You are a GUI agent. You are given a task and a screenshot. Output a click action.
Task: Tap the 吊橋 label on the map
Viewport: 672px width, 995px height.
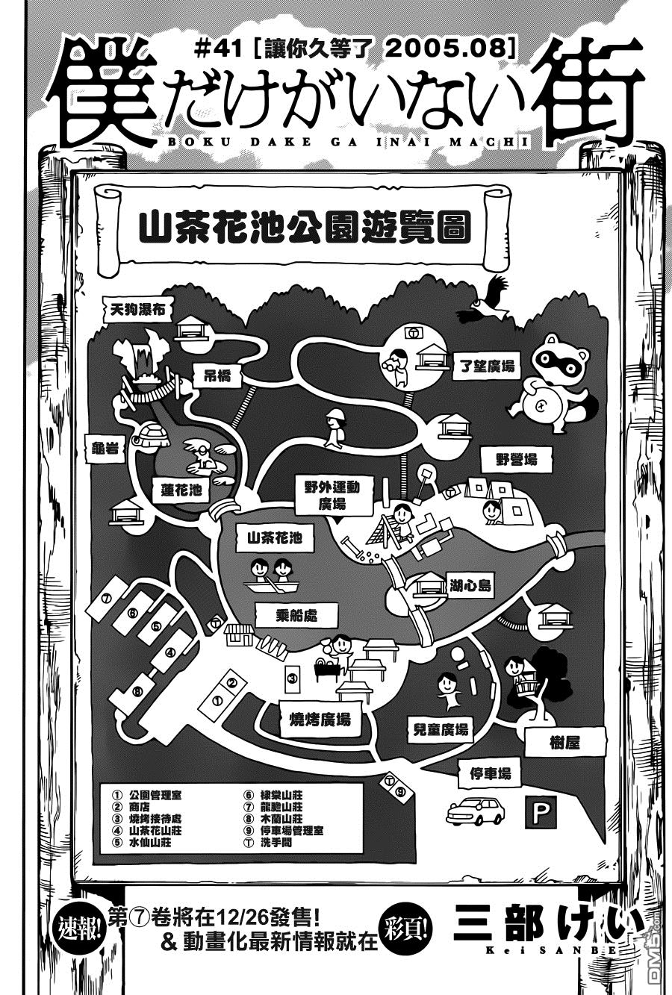click(x=217, y=375)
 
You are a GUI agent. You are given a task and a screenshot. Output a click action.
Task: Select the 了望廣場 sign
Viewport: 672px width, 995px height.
click(x=487, y=367)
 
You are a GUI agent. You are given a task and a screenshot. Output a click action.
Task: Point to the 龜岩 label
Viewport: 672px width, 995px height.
click(x=105, y=448)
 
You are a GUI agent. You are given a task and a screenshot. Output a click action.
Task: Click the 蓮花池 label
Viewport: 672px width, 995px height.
click(x=181, y=490)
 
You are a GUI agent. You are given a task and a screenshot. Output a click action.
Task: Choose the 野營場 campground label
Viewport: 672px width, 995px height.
click(x=517, y=459)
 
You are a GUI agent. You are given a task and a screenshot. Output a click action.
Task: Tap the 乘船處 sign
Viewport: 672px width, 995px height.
click(x=296, y=616)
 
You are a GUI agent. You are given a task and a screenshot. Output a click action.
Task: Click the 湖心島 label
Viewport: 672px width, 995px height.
click(x=470, y=585)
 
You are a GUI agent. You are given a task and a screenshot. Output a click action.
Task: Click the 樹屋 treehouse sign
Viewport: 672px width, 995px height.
click(x=565, y=742)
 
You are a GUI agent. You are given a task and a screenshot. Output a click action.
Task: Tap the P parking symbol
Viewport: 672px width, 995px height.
click(x=541, y=811)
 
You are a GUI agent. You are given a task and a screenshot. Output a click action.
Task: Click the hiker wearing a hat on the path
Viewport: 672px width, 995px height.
click(x=334, y=428)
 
